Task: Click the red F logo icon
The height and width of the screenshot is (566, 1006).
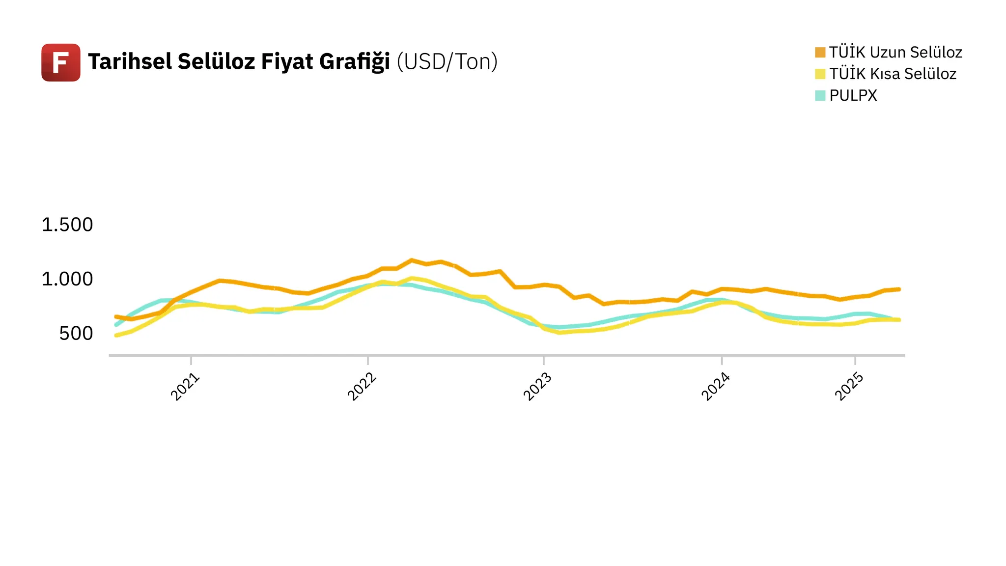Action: click(x=61, y=62)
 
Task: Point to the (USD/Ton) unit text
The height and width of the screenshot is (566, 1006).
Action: click(x=447, y=62)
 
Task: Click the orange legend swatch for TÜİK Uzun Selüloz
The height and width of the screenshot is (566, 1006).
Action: click(x=820, y=53)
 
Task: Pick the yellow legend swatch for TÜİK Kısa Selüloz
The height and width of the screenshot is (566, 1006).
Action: click(x=820, y=74)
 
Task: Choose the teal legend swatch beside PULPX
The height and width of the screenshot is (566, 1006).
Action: click(x=820, y=95)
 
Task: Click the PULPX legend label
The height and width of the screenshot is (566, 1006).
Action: click(x=853, y=95)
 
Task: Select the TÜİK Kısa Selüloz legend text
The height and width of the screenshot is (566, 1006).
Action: click(x=893, y=74)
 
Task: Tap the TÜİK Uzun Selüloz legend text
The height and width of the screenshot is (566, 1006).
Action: click(x=895, y=53)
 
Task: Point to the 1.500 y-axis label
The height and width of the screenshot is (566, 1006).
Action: click(x=67, y=225)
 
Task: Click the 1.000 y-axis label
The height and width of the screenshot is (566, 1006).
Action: click(x=67, y=279)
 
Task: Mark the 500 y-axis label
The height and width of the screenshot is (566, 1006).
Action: click(x=76, y=334)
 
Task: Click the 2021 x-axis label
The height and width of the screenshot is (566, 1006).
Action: click(x=185, y=387)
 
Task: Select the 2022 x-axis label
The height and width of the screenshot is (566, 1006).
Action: click(x=362, y=387)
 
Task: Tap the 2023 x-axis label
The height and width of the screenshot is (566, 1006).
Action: click(x=538, y=387)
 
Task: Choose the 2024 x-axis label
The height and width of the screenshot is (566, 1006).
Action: click(x=716, y=387)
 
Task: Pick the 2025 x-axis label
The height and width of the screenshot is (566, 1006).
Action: click(x=849, y=387)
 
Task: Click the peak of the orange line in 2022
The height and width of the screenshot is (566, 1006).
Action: click(x=412, y=260)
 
